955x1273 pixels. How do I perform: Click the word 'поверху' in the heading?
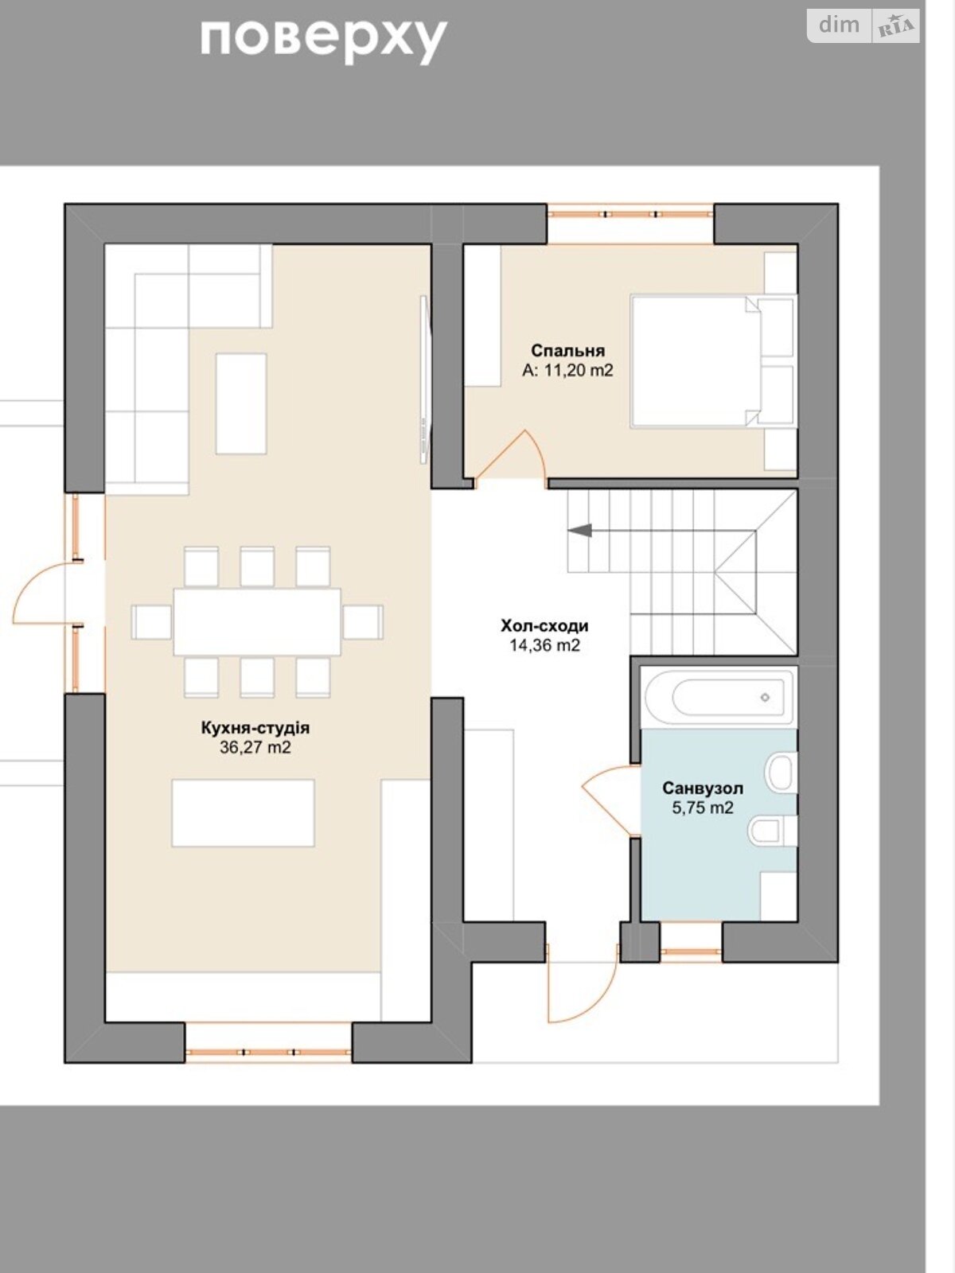[324, 41]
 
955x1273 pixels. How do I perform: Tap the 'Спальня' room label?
[567, 351]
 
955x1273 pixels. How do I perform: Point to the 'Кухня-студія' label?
[255, 728]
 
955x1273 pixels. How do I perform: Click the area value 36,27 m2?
[255, 748]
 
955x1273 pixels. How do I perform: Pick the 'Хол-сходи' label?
[544, 626]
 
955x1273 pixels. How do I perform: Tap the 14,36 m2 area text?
[544, 645]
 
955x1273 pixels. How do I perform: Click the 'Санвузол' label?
[703, 788]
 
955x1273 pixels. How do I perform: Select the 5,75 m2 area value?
[703, 808]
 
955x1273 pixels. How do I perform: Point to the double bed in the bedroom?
[696, 361]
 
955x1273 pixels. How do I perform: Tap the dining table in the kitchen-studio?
[257, 621]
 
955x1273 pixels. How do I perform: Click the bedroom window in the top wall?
[630, 214]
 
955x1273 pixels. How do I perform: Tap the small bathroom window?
[691, 952]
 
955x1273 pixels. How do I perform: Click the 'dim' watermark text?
[839, 25]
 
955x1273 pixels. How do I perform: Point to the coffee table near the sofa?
[241, 403]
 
